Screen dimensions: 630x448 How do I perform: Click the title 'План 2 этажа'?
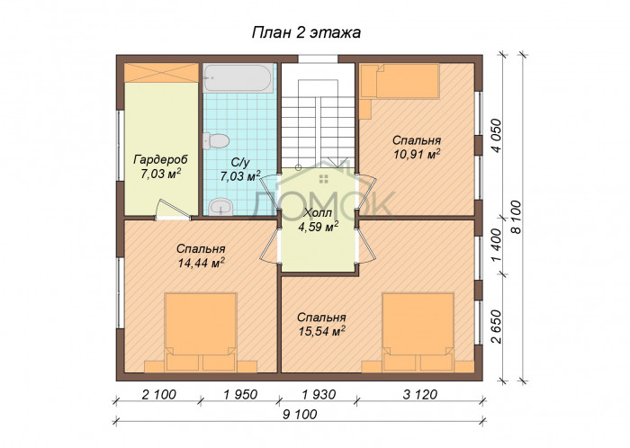click(306, 32)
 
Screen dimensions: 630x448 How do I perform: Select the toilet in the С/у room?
click(216, 141)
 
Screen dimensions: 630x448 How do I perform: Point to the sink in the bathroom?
click(220, 206)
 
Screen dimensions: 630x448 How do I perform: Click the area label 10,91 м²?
click(417, 154)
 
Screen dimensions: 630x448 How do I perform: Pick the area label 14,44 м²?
click(201, 263)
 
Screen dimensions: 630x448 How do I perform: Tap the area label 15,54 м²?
click(322, 331)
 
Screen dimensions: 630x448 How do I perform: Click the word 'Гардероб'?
click(161, 159)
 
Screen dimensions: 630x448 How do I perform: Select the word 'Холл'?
click(318, 213)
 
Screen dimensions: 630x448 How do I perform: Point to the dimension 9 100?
click(300, 414)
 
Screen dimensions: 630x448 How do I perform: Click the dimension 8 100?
click(516, 217)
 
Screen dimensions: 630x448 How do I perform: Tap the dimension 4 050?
click(497, 135)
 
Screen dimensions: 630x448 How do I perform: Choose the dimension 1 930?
click(319, 395)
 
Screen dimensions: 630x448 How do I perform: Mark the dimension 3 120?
click(420, 395)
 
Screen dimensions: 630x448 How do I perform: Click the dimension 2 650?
click(497, 327)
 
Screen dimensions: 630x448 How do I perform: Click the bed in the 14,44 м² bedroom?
click(201, 332)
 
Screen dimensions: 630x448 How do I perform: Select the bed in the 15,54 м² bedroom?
click(418, 332)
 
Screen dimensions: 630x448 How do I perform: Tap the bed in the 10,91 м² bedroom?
click(400, 81)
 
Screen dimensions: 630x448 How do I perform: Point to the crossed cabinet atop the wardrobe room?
click(161, 73)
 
